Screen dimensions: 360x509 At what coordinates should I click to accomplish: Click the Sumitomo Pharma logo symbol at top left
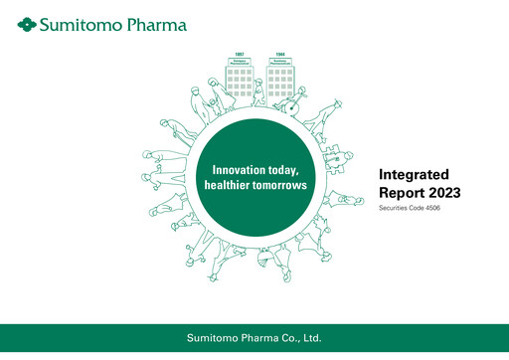(x=27, y=22)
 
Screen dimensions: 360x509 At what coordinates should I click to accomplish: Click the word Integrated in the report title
(x=413, y=174)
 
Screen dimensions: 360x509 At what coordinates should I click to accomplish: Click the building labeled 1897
(x=239, y=80)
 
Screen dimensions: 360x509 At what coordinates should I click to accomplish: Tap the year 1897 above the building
(x=239, y=54)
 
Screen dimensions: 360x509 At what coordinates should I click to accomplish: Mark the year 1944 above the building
(x=279, y=54)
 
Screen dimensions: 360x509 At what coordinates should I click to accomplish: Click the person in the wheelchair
(x=294, y=99)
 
